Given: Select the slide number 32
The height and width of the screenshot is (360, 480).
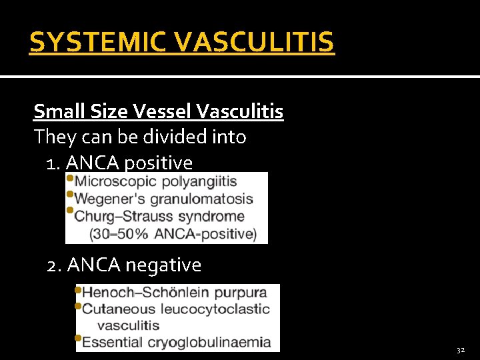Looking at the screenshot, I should (461, 350).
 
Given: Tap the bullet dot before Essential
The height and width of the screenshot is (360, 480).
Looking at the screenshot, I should (79, 339).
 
